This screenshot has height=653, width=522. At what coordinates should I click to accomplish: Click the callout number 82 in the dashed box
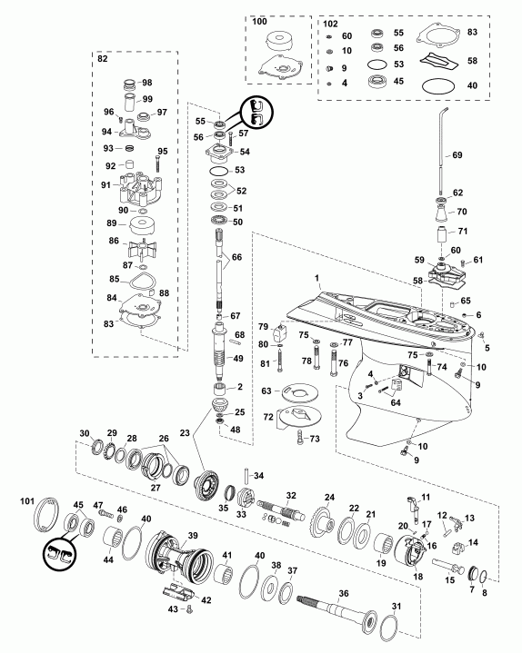tap(104, 57)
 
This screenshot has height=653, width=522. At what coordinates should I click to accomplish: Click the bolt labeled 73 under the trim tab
tap(300, 440)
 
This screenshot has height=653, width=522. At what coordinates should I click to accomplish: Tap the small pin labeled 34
tap(246, 477)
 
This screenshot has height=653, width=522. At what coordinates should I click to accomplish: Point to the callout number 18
tap(417, 577)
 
